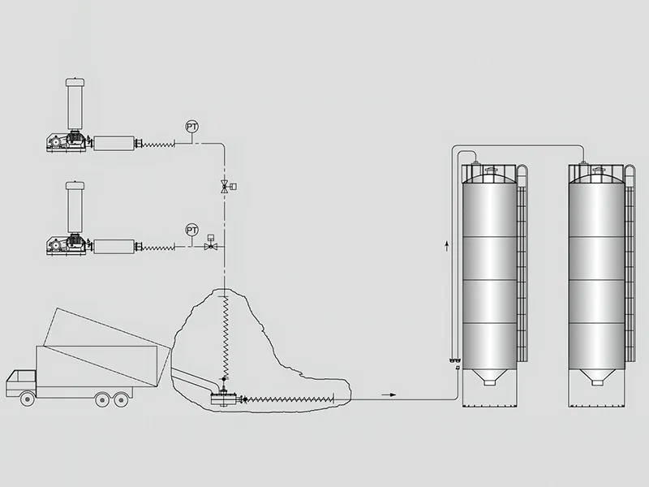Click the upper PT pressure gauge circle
(x=191, y=127)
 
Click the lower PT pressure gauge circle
(x=191, y=230)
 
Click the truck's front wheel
(x=28, y=399)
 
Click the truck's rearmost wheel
(x=120, y=399)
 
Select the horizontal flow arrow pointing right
(x=389, y=394)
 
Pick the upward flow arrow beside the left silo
(x=447, y=246)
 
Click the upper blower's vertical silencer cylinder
(x=75, y=103)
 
